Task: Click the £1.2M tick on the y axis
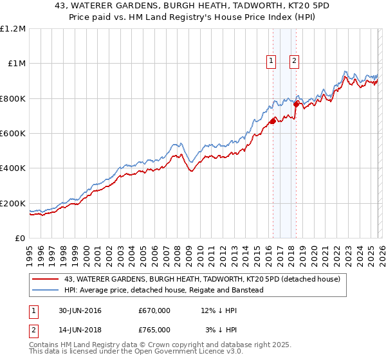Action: click(13, 28)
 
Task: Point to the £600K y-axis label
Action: click(13, 134)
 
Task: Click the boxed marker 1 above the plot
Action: click(270, 61)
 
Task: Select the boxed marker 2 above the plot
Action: click(294, 61)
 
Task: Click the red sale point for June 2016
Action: click(273, 121)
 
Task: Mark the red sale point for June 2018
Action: click(296, 104)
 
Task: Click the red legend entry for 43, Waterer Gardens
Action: click(206, 279)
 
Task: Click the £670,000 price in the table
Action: click(154, 310)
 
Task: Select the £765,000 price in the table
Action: click(154, 330)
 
